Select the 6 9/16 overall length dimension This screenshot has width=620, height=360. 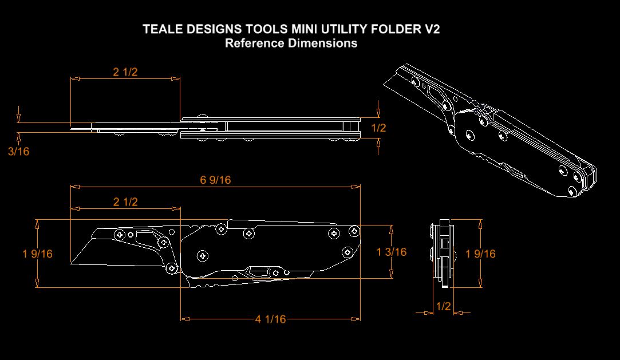[x=215, y=180]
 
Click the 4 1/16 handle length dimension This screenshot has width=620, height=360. [x=270, y=319]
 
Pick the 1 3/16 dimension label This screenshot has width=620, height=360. [x=392, y=252]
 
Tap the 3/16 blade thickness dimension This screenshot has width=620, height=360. [x=18, y=152]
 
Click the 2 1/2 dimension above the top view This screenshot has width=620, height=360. [x=125, y=72]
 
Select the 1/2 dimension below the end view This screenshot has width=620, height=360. [x=443, y=306]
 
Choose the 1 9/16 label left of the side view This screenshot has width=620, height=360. [x=38, y=254]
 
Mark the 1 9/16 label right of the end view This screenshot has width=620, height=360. [x=481, y=254]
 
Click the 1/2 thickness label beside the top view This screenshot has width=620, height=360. [x=378, y=128]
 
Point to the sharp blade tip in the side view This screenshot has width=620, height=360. [x=71, y=264]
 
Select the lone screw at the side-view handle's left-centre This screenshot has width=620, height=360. [x=201, y=255]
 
